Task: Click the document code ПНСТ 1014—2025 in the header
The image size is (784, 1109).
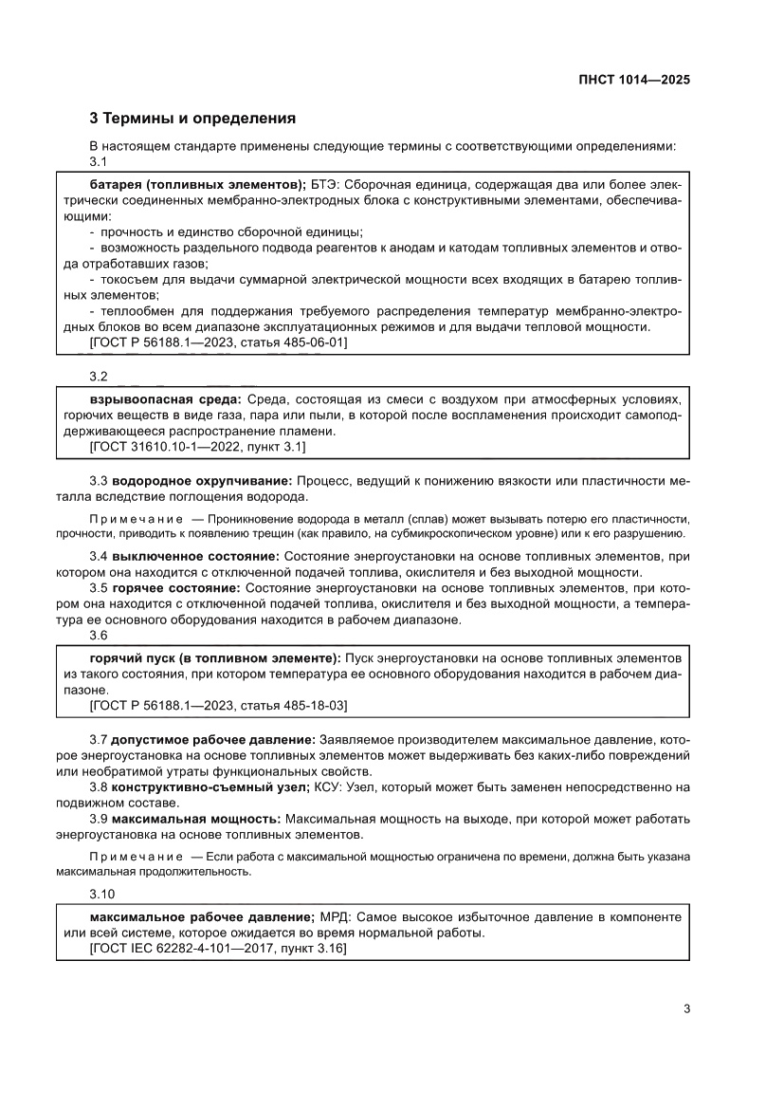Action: click(633, 81)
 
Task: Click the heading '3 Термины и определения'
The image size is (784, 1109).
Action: click(192, 119)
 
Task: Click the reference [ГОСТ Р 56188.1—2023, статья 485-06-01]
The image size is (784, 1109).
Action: click(218, 342)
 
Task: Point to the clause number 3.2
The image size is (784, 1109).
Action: click(100, 376)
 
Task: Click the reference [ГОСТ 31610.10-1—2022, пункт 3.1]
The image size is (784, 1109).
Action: click(197, 445)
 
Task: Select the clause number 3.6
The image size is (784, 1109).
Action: click(100, 637)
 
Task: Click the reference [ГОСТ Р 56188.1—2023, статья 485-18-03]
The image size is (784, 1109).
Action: click(218, 707)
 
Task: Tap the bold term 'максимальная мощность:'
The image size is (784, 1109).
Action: click(196, 818)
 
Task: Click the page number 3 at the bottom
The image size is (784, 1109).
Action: click(685, 1008)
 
